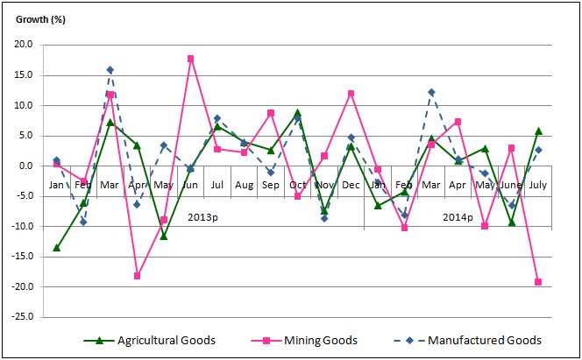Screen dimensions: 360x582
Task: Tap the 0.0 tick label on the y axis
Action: pyautogui.click(x=25, y=166)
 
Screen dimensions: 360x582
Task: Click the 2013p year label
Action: pyautogui.click(x=202, y=215)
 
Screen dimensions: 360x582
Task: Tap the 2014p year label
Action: pyautogui.click(x=457, y=215)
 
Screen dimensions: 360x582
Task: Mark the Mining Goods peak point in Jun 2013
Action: pyautogui.click(x=190, y=59)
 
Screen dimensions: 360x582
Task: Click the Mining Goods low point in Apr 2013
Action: pyautogui.click(x=137, y=276)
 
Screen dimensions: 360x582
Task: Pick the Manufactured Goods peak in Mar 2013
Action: pyautogui.click(x=110, y=70)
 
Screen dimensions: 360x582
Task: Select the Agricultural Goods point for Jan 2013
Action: pyautogui.click(x=56, y=248)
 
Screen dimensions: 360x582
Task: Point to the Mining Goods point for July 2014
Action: pyautogui.click(x=538, y=282)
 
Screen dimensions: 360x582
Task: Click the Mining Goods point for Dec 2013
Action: pyautogui.click(x=351, y=93)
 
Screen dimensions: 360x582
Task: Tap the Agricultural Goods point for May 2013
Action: pyautogui.click(x=163, y=236)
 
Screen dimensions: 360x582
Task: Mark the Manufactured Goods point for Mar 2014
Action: pyautogui.click(x=431, y=92)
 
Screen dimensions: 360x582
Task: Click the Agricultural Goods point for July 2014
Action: pyautogui.click(x=538, y=131)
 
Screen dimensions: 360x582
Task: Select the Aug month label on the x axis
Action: pyautogui.click(x=244, y=185)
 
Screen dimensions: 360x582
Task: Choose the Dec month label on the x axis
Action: pyautogui.click(x=351, y=185)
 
